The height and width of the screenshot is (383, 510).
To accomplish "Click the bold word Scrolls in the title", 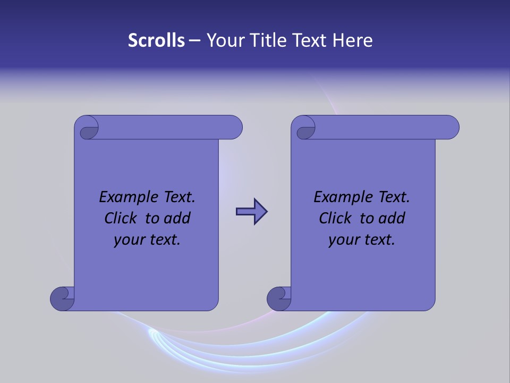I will (156, 40).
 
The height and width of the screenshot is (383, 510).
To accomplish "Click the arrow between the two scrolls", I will (251, 212).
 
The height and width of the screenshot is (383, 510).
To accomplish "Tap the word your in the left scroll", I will (127, 240).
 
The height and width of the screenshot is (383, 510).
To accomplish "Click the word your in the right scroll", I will (342, 240).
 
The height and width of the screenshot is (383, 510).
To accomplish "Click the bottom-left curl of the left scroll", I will (63, 298).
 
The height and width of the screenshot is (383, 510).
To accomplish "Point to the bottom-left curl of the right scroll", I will (279, 298).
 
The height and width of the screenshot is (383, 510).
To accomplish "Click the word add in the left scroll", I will (177, 218).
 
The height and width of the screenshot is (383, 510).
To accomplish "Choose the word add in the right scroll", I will (392, 218).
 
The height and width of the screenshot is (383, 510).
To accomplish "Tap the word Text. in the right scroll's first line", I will (393, 197).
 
